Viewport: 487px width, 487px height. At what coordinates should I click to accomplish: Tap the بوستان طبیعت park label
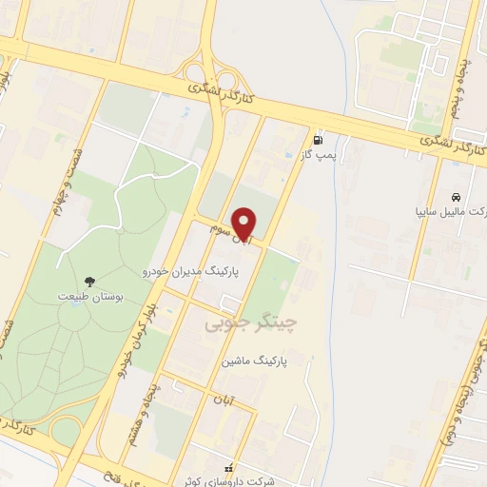click(87, 298)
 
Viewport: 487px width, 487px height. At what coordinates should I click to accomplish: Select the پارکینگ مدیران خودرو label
click(195, 271)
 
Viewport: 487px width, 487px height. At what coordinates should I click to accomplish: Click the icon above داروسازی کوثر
click(228, 467)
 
